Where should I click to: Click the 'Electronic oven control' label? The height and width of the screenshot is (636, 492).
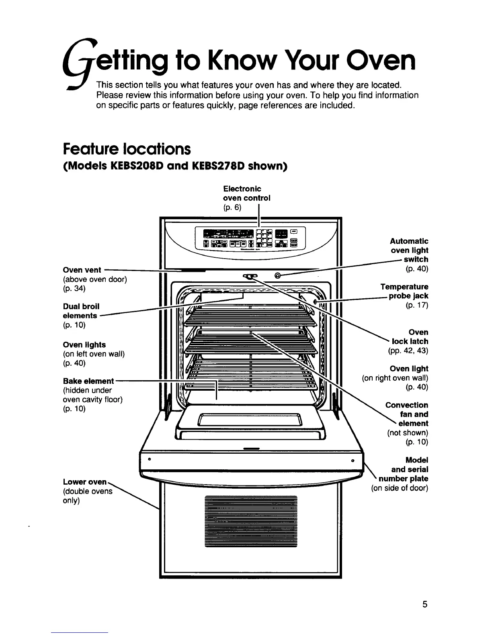click(x=246, y=193)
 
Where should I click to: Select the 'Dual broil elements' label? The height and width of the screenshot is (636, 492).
click(x=81, y=311)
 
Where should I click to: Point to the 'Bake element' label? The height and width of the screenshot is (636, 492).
click(x=88, y=381)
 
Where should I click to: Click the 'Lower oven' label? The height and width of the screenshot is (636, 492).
click(x=85, y=482)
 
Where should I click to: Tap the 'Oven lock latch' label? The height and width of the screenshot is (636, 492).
click(x=410, y=337)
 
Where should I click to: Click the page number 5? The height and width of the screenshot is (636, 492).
click(x=424, y=605)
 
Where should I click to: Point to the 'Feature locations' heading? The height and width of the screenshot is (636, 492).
click(x=127, y=149)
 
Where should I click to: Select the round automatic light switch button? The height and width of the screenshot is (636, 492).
click(x=277, y=275)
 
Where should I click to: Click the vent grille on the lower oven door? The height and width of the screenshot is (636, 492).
click(x=250, y=521)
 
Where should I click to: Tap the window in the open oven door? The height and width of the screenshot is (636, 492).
click(x=250, y=420)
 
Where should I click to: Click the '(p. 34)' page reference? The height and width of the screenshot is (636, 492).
click(x=74, y=289)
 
